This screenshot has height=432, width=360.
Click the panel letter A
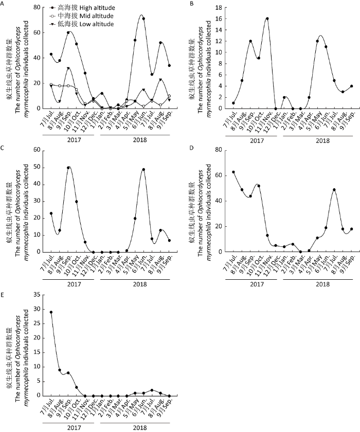[3, 4]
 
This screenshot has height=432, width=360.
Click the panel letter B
[191, 4]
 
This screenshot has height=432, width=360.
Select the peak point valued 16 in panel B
[267, 19]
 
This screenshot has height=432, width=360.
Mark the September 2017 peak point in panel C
[68, 167]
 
